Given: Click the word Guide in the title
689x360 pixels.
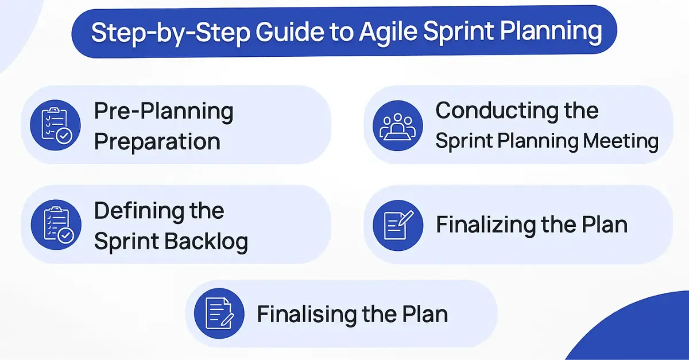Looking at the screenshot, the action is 289,32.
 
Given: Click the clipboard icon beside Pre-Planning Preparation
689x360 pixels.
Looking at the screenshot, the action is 55,125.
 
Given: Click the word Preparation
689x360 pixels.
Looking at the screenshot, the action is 157,142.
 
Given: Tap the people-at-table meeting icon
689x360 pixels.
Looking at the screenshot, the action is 398,126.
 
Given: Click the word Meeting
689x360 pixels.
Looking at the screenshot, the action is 621,142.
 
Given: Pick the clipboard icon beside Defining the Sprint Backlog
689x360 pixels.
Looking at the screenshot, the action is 56,225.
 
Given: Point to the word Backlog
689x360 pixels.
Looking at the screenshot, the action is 206,242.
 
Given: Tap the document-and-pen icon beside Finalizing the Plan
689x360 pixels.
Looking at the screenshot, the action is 398,226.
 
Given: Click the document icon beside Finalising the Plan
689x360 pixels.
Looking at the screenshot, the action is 219,313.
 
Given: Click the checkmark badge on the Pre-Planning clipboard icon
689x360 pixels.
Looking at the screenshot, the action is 64,136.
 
